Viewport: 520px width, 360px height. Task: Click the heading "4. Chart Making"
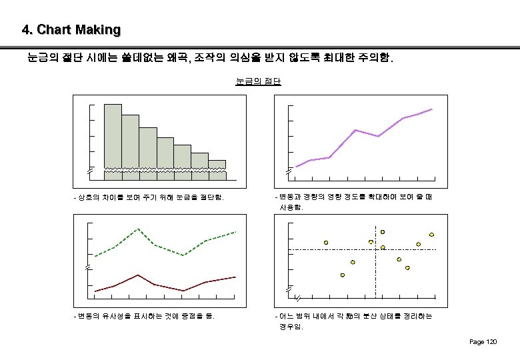[71, 30]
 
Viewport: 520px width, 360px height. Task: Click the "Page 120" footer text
[483, 342]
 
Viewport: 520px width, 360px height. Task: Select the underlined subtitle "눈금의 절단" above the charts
[259, 81]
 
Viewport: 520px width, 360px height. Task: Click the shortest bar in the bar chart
[217, 165]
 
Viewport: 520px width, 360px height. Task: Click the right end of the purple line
[432, 109]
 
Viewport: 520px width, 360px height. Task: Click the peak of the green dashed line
[137, 229]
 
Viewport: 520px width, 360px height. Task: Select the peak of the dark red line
[137, 275]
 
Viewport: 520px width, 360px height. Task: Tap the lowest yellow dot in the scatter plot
[343, 275]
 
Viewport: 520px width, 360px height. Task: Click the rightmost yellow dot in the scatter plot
[431, 234]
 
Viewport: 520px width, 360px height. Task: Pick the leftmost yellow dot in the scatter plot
[326, 242]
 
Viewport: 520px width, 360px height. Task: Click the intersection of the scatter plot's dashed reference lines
[375, 249]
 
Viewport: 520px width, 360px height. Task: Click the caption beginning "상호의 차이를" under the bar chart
[149, 197]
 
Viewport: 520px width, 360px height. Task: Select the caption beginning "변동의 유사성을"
[144, 315]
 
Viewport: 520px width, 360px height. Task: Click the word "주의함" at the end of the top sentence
[377, 59]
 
